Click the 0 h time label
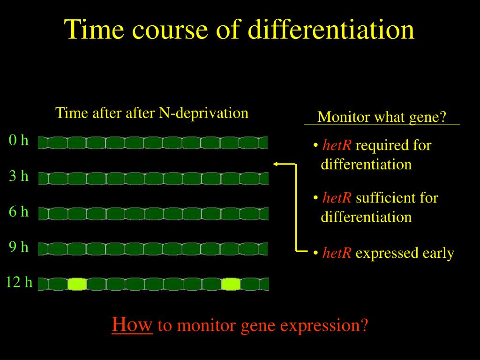pyautogui.click(x=19, y=140)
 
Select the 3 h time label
pyautogui.click(x=19, y=176)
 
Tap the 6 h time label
pyautogui.click(x=19, y=211)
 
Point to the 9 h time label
pyautogui.click(x=19, y=247)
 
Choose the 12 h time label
pyautogui.click(x=19, y=282)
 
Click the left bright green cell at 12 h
pyautogui.click(x=77, y=284)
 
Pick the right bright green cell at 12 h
pyautogui.click(x=231, y=284)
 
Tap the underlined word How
pyautogui.click(x=132, y=324)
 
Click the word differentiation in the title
pyautogui.click(x=331, y=30)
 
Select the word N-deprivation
pyautogui.click(x=203, y=113)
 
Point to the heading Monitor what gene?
pyautogui.click(x=382, y=117)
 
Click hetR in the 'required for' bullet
pyautogui.click(x=337, y=145)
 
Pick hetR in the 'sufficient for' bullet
pyautogui.click(x=337, y=198)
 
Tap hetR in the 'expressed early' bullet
pyautogui.click(x=337, y=253)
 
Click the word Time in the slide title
pyautogui.click(x=94, y=30)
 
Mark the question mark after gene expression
pyautogui.click(x=364, y=325)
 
